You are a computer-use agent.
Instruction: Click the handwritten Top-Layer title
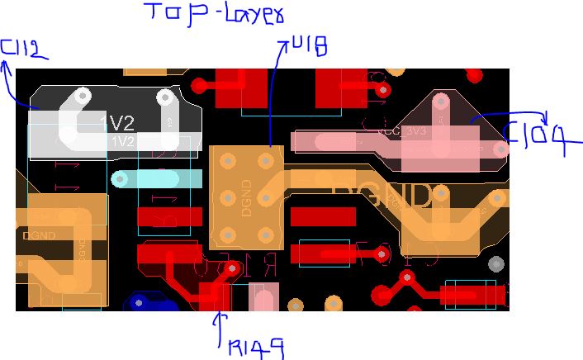pyautogui.click(x=213, y=14)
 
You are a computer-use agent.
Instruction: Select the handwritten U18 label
pyautogui.click(x=309, y=46)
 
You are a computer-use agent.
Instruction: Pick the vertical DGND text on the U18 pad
pyautogui.click(x=245, y=197)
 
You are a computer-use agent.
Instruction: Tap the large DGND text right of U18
pyautogui.click(x=382, y=197)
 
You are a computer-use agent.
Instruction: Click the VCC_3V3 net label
pyautogui.click(x=402, y=131)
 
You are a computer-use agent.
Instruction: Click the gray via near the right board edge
pyautogui.click(x=495, y=264)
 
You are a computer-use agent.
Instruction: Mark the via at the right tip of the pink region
pyautogui.click(x=500, y=149)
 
